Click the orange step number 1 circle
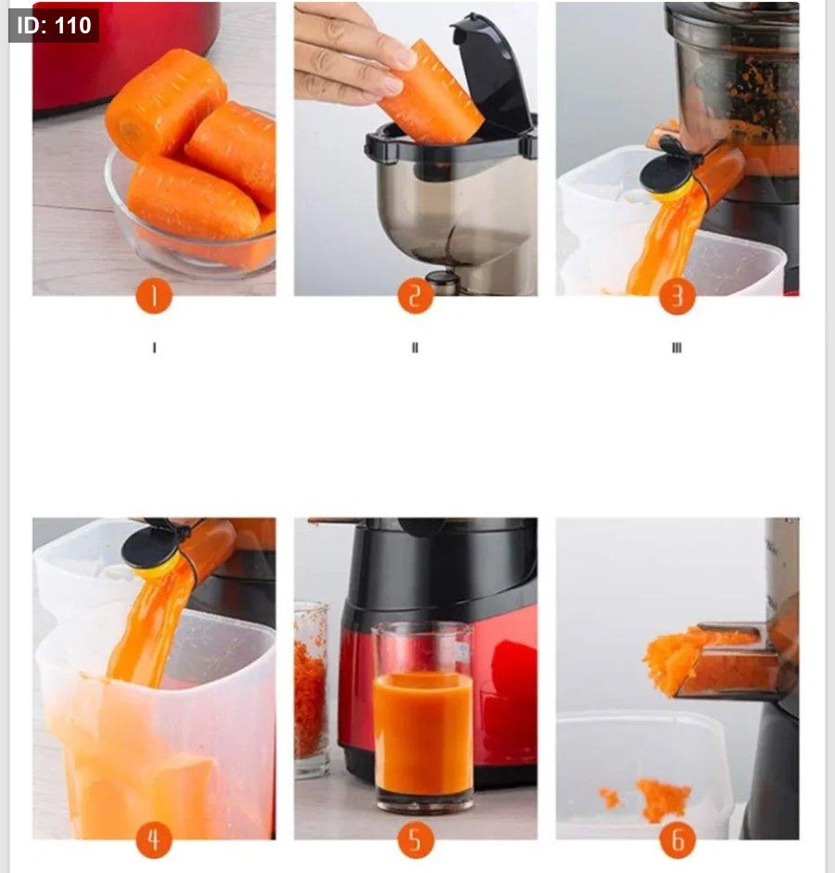click(x=154, y=296)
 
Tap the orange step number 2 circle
click(x=416, y=296)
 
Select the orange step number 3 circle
click(x=677, y=296)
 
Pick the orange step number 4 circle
click(x=154, y=840)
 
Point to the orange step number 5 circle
click(x=416, y=840)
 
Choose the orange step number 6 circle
click(x=677, y=840)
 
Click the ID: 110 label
click(x=54, y=25)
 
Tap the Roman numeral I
click(x=154, y=348)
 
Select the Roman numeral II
click(x=415, y=348)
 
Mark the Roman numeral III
click(x=676, y=348)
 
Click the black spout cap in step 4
click(x=151, y=546)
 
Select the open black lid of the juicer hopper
click(x=493, y=72)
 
